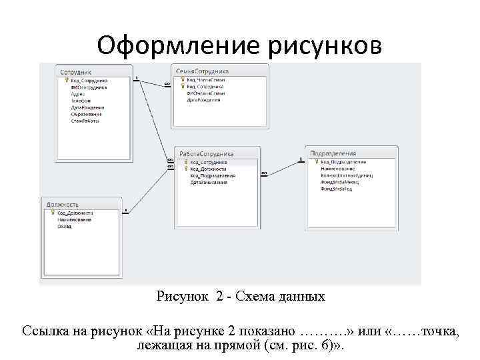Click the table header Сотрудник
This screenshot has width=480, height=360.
pos(75,71)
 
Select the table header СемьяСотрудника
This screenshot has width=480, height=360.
pos(203,71)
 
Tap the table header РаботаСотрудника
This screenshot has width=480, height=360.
pos(206,153)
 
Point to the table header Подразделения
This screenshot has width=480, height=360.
pos(333,153)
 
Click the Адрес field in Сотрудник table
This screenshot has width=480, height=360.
pos(77,94)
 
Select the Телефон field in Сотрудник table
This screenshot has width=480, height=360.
pos(80,101)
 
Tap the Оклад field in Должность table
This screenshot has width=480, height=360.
pos(64,226)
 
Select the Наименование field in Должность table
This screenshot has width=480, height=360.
pos(73,219)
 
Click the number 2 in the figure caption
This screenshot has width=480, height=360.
pos(219,297)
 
